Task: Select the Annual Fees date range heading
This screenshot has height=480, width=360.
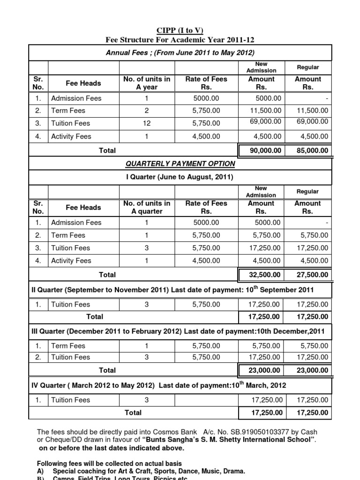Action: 180,53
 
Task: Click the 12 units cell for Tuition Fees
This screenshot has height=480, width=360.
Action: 147,123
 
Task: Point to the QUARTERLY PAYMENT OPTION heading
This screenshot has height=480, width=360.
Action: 180,164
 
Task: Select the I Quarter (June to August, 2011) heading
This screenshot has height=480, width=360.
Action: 180,177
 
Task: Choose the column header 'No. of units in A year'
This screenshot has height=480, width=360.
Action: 147,83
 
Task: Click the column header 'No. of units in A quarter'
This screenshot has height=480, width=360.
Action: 147,207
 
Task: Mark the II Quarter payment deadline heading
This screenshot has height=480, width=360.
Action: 180,290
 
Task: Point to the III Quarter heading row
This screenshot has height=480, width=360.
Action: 180,331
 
